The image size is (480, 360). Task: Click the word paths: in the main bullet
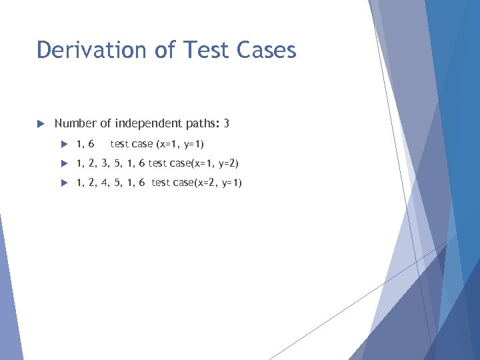point(203,123)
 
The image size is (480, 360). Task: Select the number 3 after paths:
point(227,123)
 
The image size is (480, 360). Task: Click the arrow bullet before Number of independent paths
point(39,124)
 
